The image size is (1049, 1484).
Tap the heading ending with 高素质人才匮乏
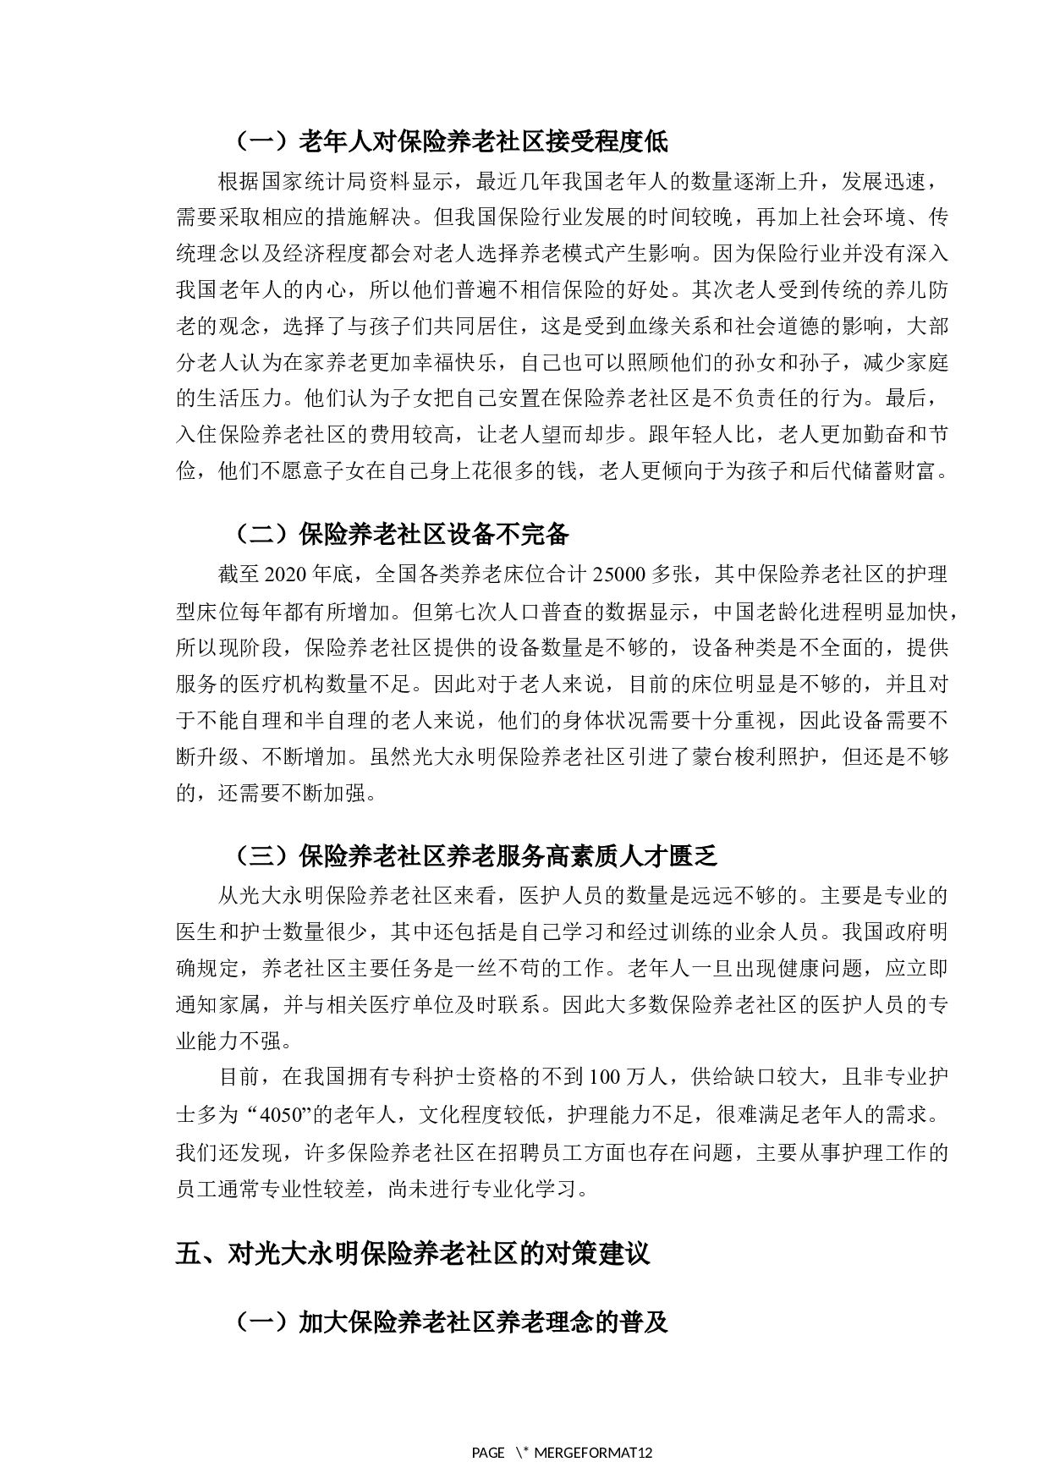475,856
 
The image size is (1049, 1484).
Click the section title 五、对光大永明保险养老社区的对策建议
413,1252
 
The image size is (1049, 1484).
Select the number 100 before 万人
604,1077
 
